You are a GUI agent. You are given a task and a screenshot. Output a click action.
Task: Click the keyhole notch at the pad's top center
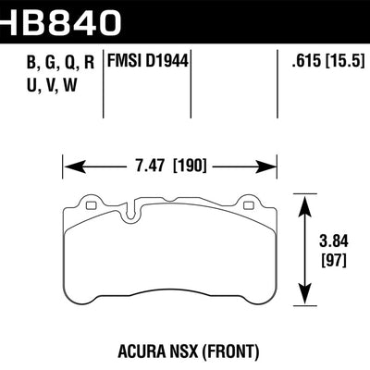tap(170, 214)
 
